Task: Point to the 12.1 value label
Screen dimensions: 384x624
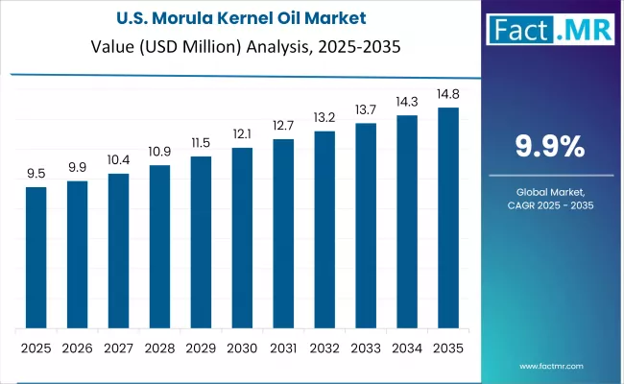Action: click(x=242, y=136)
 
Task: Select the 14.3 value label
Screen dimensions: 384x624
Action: click(x=407, y=104)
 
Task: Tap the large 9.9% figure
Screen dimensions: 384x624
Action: click(x=550, y=146)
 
